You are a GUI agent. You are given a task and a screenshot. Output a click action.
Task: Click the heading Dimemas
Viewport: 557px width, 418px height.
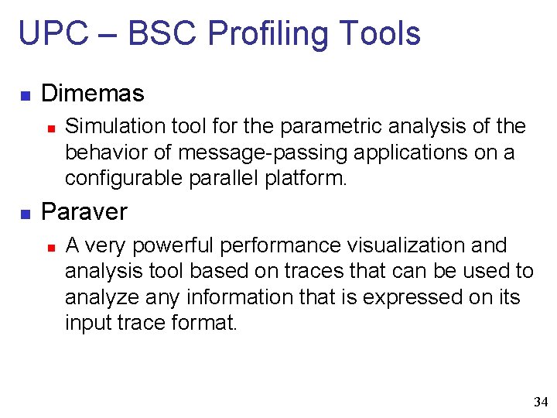click(x=92, y=94)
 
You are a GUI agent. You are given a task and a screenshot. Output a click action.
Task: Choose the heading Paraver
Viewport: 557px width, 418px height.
click(x=84, y=212)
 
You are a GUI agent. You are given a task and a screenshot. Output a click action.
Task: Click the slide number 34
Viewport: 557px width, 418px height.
click(x=540, y=402)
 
